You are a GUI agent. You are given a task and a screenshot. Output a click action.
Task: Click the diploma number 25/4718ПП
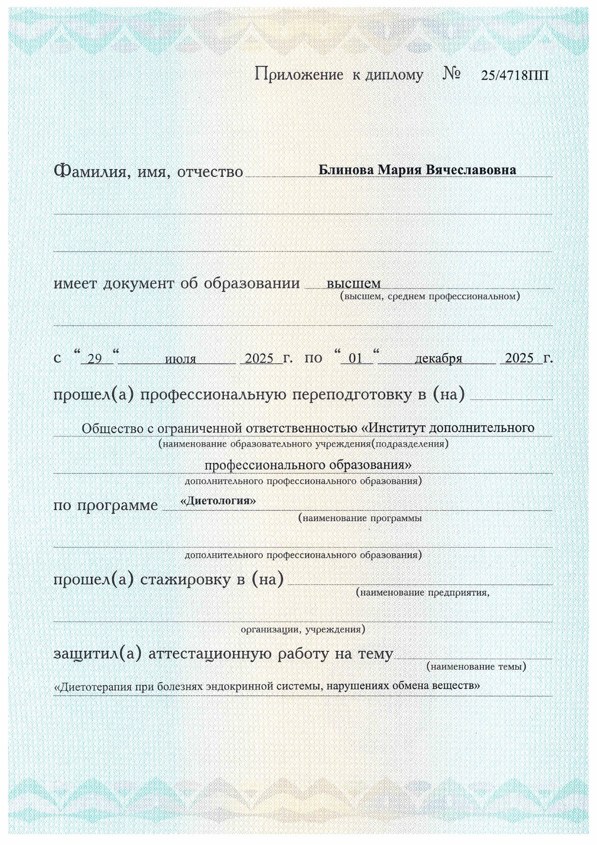pos(514,76)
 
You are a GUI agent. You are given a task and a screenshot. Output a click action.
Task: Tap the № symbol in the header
pos(452,74)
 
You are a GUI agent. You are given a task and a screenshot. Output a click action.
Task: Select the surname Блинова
pos(346,170)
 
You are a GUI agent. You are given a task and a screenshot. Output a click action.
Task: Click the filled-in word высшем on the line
pos(353,283)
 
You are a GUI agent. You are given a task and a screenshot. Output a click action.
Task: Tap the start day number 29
pos(95,359)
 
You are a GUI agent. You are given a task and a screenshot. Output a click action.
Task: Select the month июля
pos(181,359)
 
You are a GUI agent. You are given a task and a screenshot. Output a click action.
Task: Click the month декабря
pos(438,359)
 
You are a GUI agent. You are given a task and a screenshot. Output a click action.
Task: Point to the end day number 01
pos(355,359)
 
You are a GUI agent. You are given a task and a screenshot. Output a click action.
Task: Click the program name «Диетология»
pos(218,501)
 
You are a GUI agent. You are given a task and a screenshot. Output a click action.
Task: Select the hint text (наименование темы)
pos(476,667)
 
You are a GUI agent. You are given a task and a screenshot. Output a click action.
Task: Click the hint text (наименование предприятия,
pos(423,593)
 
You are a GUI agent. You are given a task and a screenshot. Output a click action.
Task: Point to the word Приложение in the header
pos(298,75)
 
